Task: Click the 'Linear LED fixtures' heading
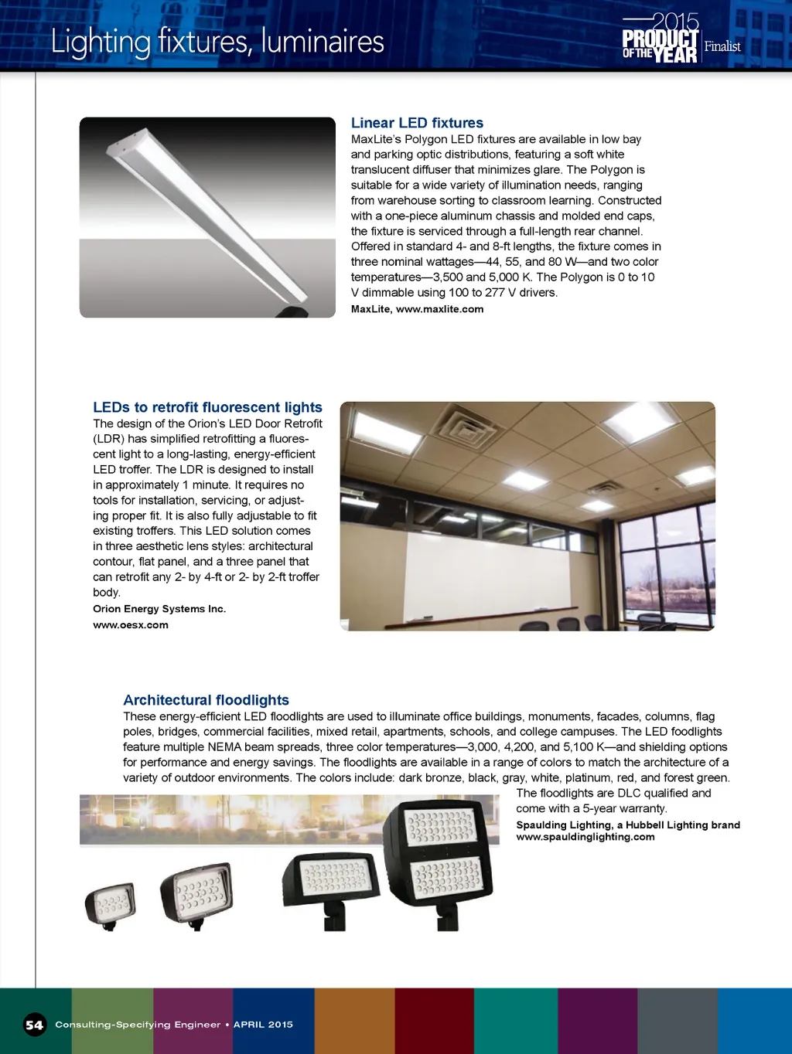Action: coord(417,123)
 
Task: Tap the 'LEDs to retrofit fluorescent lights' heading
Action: coord(207,407)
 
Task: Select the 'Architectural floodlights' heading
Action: coord(206,700)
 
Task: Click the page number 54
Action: coord(34,1025)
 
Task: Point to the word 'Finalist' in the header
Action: coord(722,46)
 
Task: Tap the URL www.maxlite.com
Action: coord(439,309)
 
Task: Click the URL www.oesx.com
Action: coord(131,625)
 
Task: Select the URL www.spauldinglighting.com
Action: coord(585,837)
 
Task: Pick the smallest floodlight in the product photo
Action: coord(111,903)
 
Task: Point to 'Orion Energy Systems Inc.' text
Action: coord(159,609)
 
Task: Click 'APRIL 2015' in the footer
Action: coord(263,1025)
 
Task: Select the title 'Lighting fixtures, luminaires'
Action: coord(217,41)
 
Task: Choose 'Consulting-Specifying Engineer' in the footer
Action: coord(138,1025)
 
